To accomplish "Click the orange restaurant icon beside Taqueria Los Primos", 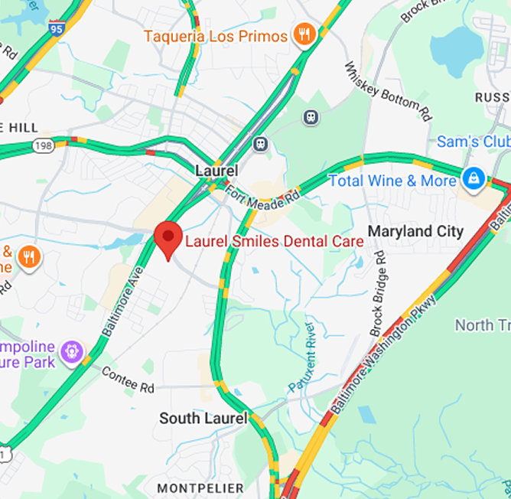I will point(305,35).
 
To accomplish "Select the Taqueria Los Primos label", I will point(216,35).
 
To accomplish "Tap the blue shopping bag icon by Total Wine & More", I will point(474,180).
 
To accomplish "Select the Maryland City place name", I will point(415,230).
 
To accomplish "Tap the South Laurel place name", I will point(203,418).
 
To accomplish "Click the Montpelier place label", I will point(200,488).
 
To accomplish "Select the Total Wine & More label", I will point(392,181).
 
